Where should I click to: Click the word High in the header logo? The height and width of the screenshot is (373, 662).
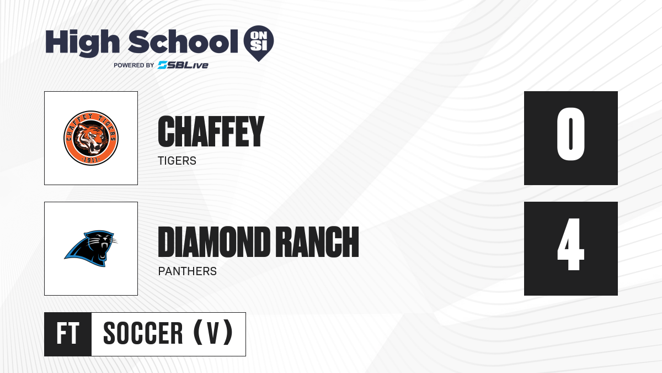click(82, 43)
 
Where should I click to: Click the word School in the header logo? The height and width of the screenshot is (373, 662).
click(183, 41)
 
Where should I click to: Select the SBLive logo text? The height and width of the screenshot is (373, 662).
click(183, 65)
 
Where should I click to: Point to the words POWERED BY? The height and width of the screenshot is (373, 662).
click(134, 65)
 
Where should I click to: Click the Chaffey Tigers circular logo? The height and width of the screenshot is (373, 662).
click(91, 138)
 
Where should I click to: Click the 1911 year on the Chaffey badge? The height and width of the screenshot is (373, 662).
click(91, 160)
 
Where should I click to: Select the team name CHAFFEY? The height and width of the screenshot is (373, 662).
click(211, 131)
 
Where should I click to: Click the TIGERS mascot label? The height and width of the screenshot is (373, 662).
click(177, 161)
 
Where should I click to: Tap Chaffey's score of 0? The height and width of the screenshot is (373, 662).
click(570, 134)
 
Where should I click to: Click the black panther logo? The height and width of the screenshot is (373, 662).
click(90, 249)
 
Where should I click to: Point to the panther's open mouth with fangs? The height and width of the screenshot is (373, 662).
click(104, 251)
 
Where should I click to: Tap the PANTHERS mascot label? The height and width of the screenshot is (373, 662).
click(188, 271)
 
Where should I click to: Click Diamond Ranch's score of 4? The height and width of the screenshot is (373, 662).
click(570, 244)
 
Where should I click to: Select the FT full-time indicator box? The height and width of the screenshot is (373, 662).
click(68, 334)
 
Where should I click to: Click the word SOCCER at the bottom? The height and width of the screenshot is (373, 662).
click(143, 333)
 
